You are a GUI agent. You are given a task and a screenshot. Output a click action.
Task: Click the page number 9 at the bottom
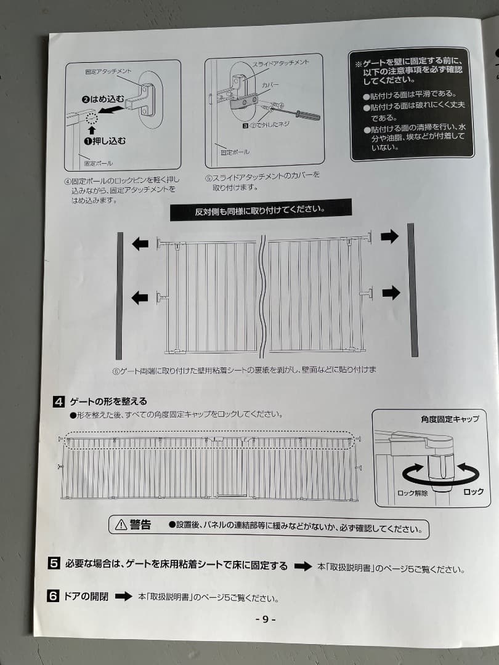click(x=266, y=619)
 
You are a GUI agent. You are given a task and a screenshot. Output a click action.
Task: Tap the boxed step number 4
click(x=59, y=402)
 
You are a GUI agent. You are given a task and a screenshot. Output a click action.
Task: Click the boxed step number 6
click(x=54, y=596)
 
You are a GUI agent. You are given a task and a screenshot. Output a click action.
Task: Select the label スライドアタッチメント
click(x=280, y=63)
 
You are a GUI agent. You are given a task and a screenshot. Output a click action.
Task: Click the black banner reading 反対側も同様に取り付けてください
click(x=261, y=210)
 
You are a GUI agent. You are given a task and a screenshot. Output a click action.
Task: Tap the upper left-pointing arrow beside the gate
click(x=140, y=244)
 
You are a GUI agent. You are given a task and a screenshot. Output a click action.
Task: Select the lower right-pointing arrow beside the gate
click(x=391, y=292)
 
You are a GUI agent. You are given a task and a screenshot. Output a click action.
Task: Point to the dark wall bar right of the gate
click(x=412, y=291)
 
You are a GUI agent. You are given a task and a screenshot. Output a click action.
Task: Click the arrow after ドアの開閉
click(x=124, y=596)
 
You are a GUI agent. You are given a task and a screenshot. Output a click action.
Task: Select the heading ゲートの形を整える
click(x=108, y=402)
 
